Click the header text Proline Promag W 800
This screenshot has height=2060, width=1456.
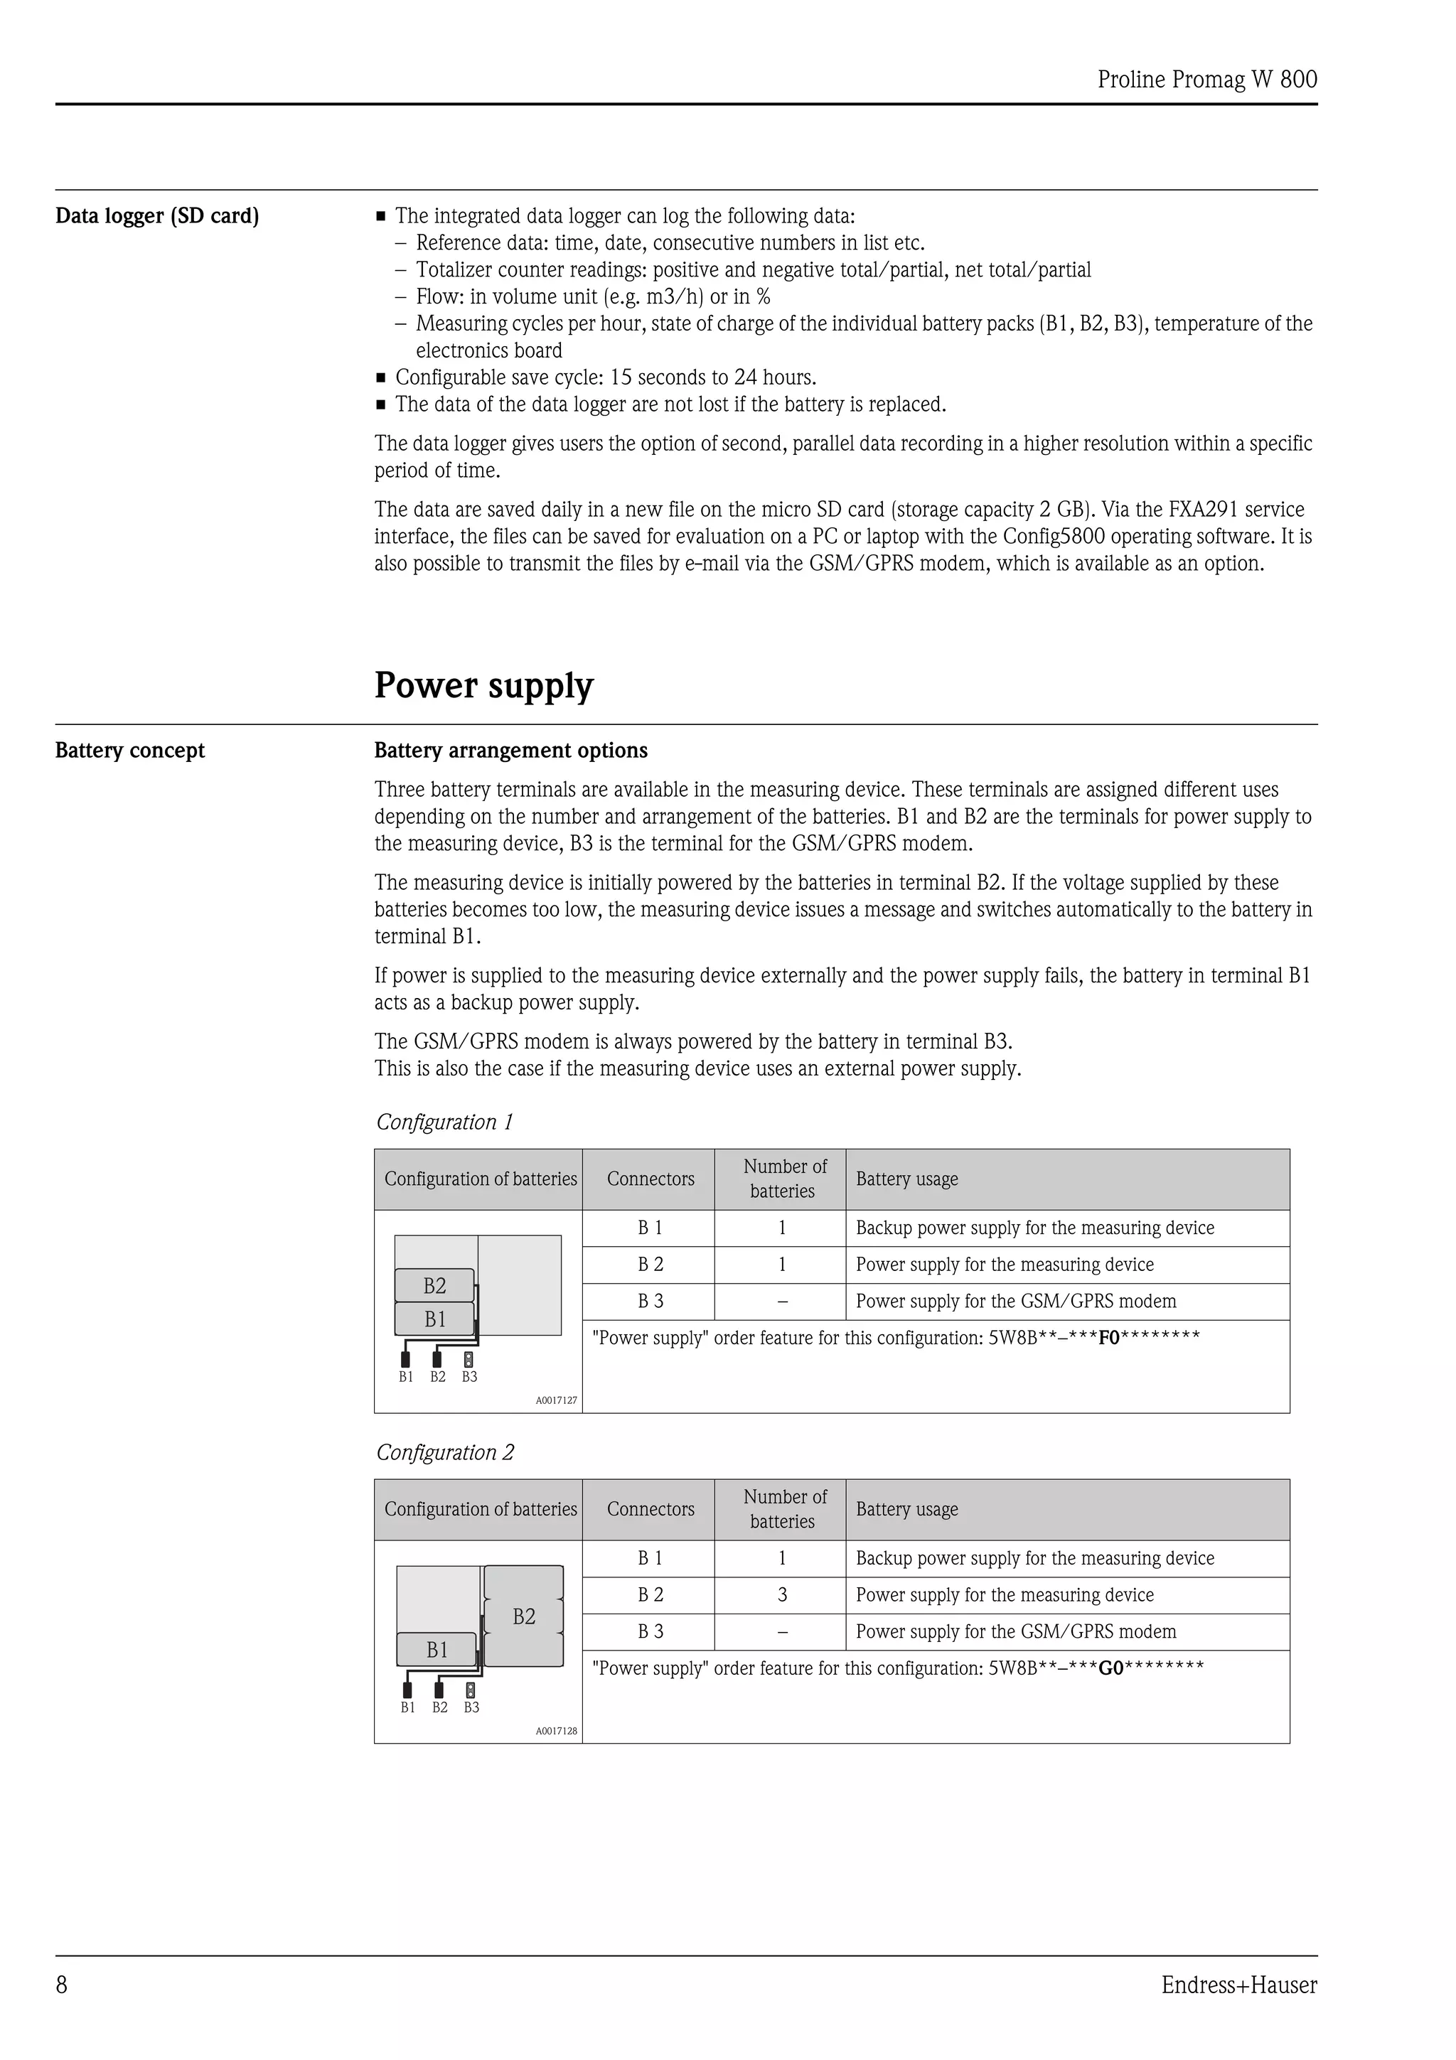[x=1206, y=80]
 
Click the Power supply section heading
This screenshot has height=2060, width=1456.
[x=483, y=685]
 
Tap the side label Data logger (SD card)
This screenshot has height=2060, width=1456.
[x=157, y=216]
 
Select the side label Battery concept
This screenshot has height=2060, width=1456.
[x=130, y=750]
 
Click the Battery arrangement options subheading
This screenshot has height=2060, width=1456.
[x=510, y=750]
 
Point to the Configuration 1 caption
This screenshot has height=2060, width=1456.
[x=444, y=1122]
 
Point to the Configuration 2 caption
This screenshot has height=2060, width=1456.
[x=445, y=1452]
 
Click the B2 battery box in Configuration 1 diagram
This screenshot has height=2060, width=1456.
[x=434, y=1286]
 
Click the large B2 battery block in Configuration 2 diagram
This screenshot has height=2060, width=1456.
[x=524, y=1616]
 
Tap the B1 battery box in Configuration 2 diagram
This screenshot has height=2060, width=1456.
[x=437, y=1649]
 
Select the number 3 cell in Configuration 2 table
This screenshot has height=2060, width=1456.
[x=782, y=1594]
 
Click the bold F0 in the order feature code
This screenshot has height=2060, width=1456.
[x=1109, y=1338]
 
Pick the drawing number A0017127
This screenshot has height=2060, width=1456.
[x=556, y=1400]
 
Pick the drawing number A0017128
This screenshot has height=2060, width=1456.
[x=556, y=1731]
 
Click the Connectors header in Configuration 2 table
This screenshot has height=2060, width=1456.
[x=651, y=1509]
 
